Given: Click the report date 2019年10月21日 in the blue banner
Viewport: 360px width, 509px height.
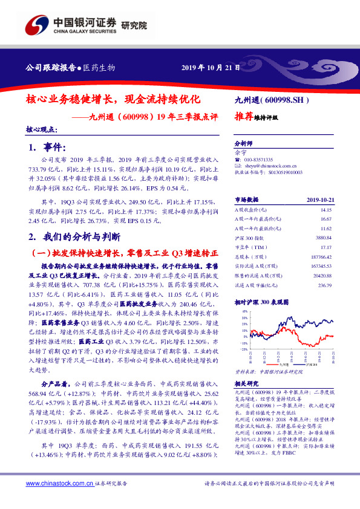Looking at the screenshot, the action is pyautogui.click(x=207, y=67).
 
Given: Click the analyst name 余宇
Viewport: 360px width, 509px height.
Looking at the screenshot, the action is pyautogui.click(x=241, y=154).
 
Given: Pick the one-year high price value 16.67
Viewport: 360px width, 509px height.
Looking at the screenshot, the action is pyautogui.click(x=325, y=218).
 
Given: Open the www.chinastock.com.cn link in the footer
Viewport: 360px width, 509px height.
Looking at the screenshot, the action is pyautogui.click(x=59, y=484).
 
